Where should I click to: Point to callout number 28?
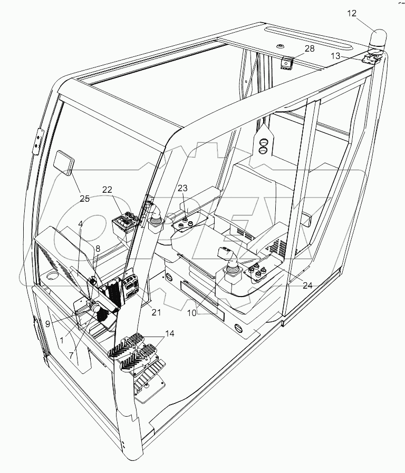[309, 49]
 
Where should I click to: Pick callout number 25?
[85, 199]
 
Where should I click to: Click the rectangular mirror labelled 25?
[66, 161]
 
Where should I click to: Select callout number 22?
[108, 190]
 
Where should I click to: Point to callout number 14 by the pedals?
[169, 333]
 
